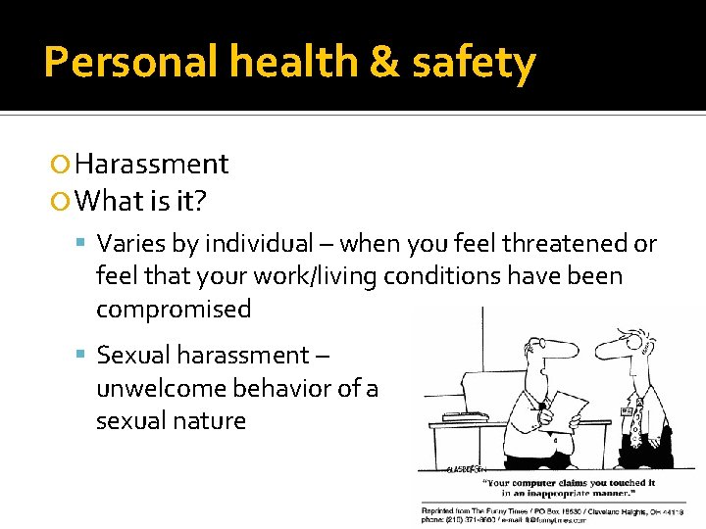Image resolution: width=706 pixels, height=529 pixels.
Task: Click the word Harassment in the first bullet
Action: coord(151,164)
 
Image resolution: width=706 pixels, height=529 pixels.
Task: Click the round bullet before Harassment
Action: coord(64,165)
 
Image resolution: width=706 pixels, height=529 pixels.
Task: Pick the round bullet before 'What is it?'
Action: coord(64,202)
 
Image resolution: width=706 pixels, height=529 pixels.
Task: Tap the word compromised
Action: coord(174,310)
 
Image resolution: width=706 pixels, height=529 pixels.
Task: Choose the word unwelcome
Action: coord(165,388)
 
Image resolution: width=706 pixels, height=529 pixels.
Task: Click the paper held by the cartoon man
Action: coord(568,409)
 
